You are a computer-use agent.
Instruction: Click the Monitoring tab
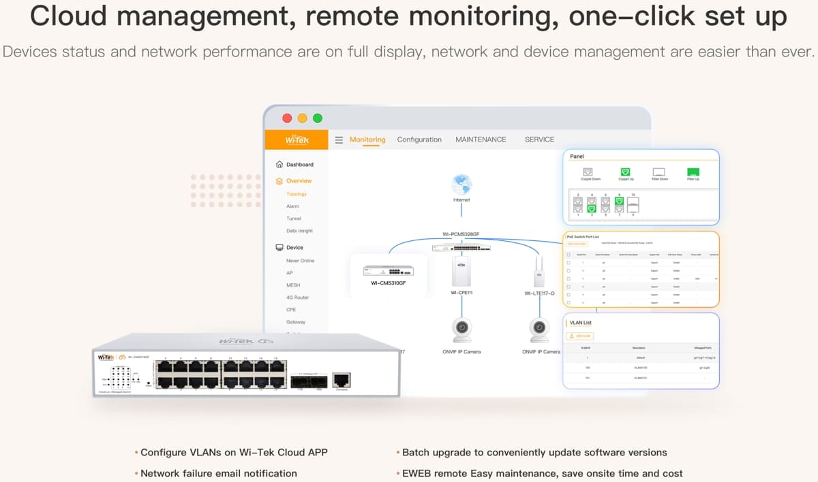[x=367, y=140]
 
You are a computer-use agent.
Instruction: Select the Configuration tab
[x=419, y=140]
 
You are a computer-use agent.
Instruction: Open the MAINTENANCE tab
[x=481, y=140]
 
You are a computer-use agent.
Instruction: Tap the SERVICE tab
[x=539, y=140]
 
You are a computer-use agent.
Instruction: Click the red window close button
[x=287, y=118]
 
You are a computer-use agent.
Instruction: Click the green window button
[x=318, y=118]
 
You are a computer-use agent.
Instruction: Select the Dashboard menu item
[x=299, y=165]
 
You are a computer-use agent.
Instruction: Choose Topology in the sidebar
[x=297, y=194]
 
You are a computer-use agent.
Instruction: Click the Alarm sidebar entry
[x=292, y=206]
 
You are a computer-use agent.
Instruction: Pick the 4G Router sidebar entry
[x=297, y=298]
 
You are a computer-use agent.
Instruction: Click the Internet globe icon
[x=461, y=184]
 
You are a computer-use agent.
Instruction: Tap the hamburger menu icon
[x=339, y=140]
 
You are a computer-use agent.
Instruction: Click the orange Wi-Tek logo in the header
[x=297, y=140]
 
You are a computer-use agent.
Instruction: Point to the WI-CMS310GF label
[x=389, y=283]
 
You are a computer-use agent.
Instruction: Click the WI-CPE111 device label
[x=461, y=293]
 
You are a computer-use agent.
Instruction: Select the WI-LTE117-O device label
[x=539, y=293]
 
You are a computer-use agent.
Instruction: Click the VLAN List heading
[x=581, y=323]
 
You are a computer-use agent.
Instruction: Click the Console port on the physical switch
[x=342, y=381]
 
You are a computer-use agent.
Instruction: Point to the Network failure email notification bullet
[x=218, y=473]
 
